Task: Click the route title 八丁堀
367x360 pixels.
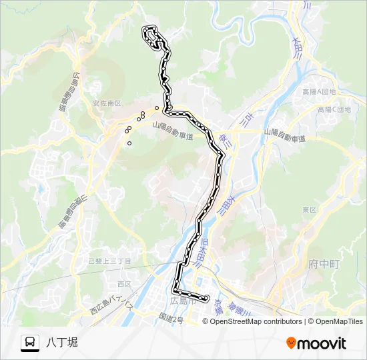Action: (x=62, y=342)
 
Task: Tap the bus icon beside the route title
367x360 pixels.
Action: (x=30, y=343)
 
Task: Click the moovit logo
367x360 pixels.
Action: (x=316, y=343)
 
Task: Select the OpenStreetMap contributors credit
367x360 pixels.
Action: (x=256, y=321)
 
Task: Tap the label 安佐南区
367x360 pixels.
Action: (x=107, y=103)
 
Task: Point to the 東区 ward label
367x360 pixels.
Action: (x=308, y=209)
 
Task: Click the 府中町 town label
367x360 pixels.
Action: (x=325, y=265)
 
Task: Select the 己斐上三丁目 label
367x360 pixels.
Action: (x=110, y=261)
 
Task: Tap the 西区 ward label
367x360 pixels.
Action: (x=125, y=284)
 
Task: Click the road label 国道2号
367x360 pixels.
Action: (x=171, y=319)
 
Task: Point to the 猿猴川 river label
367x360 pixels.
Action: (x=236, y=309)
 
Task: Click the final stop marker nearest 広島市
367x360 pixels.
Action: (x=207, y=298)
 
